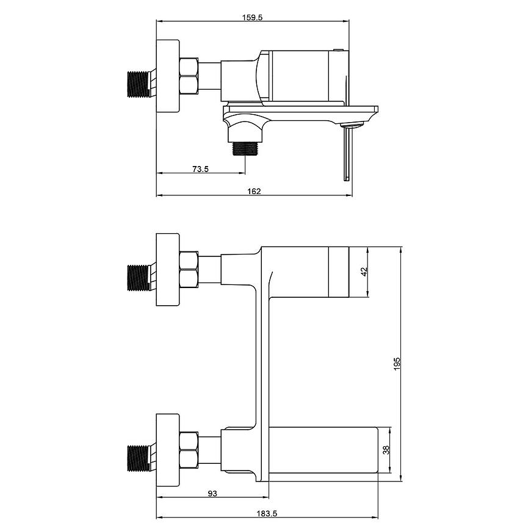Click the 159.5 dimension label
252,17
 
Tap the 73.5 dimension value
200,168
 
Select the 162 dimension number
254,191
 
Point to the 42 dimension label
364,272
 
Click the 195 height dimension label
397,364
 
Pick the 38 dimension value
386,450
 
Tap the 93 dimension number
212,493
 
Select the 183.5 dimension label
267,513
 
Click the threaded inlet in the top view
138,84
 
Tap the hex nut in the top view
189,76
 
